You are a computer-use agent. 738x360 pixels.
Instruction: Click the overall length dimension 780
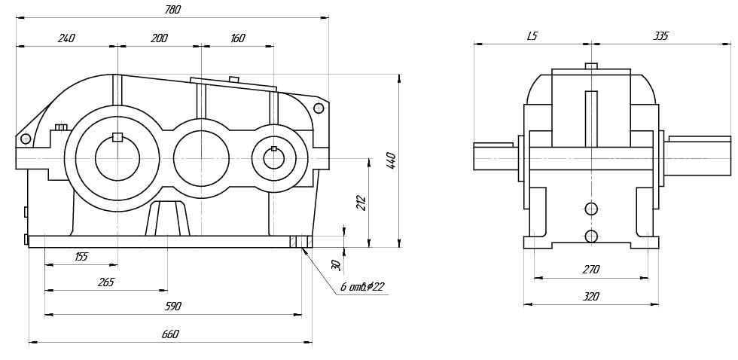172,10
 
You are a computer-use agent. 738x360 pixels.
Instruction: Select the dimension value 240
66,38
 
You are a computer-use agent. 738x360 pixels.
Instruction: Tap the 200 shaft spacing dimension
159,38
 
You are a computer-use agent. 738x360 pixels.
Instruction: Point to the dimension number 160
237,38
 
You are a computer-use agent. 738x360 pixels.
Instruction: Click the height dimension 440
392,160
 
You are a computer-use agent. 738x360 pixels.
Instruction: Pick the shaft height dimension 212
361,203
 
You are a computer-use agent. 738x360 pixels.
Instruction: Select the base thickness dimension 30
337,264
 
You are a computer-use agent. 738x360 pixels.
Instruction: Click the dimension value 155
81,257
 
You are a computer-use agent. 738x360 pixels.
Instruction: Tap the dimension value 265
105,282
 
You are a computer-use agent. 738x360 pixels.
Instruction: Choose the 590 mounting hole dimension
172,307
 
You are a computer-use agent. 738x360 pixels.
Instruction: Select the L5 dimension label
532,36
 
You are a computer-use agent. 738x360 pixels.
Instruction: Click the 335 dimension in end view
660,36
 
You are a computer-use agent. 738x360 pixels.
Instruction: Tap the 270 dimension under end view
590,270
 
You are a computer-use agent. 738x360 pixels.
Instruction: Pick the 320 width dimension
590,297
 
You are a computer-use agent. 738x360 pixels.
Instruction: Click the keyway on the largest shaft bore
117,137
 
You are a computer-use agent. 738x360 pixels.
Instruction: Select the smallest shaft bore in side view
273,158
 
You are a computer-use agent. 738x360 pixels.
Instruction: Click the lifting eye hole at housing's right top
319,108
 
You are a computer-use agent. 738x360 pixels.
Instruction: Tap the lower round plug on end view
591,236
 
